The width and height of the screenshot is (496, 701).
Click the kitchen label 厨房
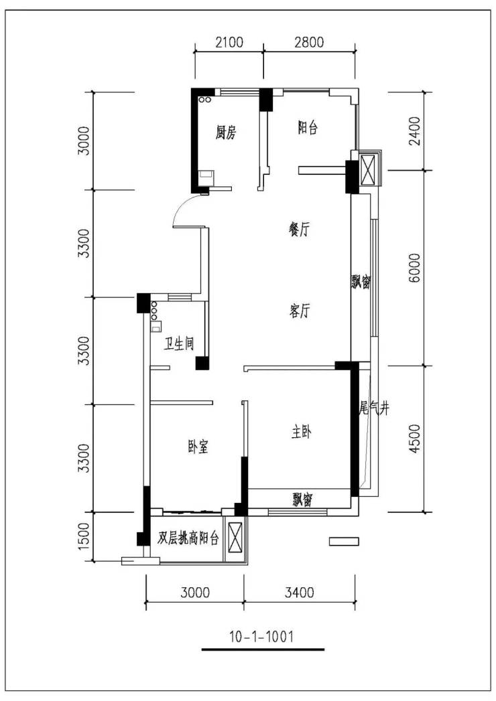click(226, 133)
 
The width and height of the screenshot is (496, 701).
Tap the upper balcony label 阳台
click(308, 129)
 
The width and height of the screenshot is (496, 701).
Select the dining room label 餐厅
click(299, 230)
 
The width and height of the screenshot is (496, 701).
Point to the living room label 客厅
click(299, 311)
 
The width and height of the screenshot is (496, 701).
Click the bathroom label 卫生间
click(178, 343)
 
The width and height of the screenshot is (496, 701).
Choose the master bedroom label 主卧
click(301, 433)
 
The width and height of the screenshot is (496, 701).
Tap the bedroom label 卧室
click(198, 447)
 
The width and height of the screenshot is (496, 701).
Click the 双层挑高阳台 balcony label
click(188, 538)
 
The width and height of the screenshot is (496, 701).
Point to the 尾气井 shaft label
click(374, 408)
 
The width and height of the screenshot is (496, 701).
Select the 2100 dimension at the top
click(229, 42)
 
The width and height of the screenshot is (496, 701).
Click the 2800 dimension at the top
click(309, 42)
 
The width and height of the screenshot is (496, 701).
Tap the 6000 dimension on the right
click(415, 268)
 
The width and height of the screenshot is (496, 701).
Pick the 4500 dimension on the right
click(415, 439)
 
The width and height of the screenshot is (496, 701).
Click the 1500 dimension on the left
click(84, 535)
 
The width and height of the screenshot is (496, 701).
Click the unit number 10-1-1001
click(262, 636)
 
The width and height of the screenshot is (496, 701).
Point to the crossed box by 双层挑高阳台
click(235, 538)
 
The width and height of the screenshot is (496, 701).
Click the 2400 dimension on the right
click(415, 131)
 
